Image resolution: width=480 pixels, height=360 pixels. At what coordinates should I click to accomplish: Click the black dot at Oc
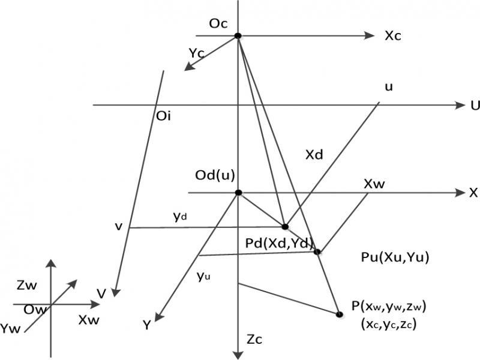[x=238, y=36]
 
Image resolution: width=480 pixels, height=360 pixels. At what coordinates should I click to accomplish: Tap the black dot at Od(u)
[x=238, y=193]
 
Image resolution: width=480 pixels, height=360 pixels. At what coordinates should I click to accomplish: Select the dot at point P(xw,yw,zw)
[x=339, y=314]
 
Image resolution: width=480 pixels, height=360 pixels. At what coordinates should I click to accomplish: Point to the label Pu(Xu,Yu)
[x=395, y=257]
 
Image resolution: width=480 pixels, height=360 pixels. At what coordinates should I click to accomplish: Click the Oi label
[x=163, y=116]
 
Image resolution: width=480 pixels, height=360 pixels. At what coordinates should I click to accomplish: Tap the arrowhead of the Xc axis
[x=370, y=36]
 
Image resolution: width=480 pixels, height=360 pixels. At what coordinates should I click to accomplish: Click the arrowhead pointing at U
[x=460, y=106]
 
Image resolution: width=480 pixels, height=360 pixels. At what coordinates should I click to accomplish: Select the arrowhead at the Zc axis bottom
[x=238, y=355]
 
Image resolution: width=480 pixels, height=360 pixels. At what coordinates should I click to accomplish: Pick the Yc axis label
[x=197, y=53]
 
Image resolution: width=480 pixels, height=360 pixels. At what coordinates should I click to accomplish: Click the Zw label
[x=27, y=286]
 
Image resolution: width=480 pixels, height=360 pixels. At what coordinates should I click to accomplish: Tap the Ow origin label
[x=35, y=310]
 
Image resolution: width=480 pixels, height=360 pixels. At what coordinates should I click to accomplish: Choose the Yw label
[x=10, y=329]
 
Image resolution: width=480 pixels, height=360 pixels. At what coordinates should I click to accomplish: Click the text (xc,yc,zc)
[x=389, y=324]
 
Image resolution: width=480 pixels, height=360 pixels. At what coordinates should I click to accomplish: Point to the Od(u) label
[x=215, y=175]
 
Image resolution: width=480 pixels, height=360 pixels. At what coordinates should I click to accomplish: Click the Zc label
[x=254, y=340]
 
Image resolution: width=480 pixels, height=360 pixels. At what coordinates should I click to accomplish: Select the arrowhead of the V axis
[x=115, y=293]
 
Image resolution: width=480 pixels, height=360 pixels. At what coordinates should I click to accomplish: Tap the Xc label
[x=393, y=36]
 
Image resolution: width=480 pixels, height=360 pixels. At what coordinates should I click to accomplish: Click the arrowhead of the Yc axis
[x=188, y=67]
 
